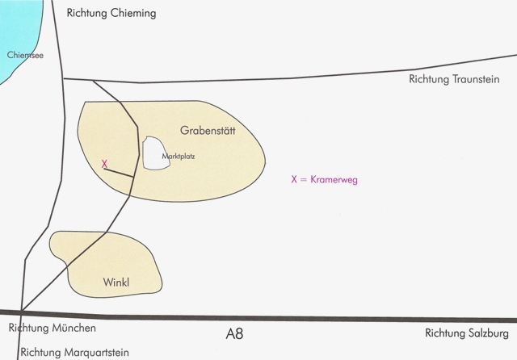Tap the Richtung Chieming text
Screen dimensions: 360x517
click(x=110, y=14)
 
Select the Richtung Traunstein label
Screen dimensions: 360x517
click(x=457, y=78)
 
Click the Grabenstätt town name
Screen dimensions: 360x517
click(x=207, y=131)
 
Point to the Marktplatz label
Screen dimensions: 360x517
click(x=179, y=156)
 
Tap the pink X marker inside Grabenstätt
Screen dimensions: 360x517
click(x=105, y=164)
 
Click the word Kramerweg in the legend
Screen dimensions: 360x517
click(x=334, y=180)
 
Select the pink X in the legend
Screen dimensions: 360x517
click(x=294, y=180)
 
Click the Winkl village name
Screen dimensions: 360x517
click(x=117, y=283)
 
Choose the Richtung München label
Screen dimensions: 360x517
click(x=53, y=329)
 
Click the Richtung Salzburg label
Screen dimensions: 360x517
click(x=466, y=332)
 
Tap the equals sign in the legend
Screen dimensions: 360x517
click(x=304, y=180)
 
